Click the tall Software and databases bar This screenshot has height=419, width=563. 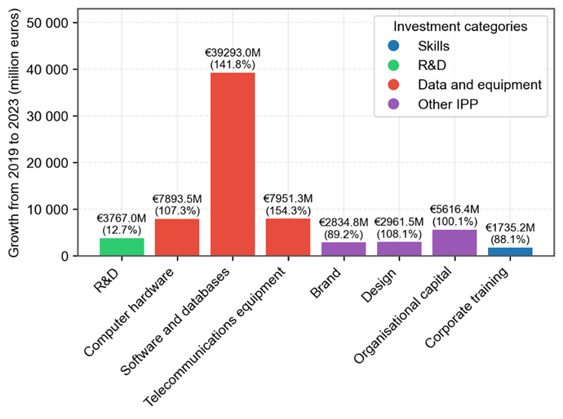click(x=233, y=164)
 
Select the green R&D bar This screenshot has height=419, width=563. click(x=122, y=247)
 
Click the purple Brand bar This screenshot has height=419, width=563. click(x=344, y=249)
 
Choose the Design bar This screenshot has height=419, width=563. click(x=399, y=249)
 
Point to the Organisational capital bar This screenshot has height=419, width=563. click(x=454, y=243)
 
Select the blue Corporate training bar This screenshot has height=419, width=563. click(x=510, y=252)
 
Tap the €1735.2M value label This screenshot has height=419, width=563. click(x=510, y=228)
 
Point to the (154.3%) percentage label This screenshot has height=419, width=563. click(x=288, y=210)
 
